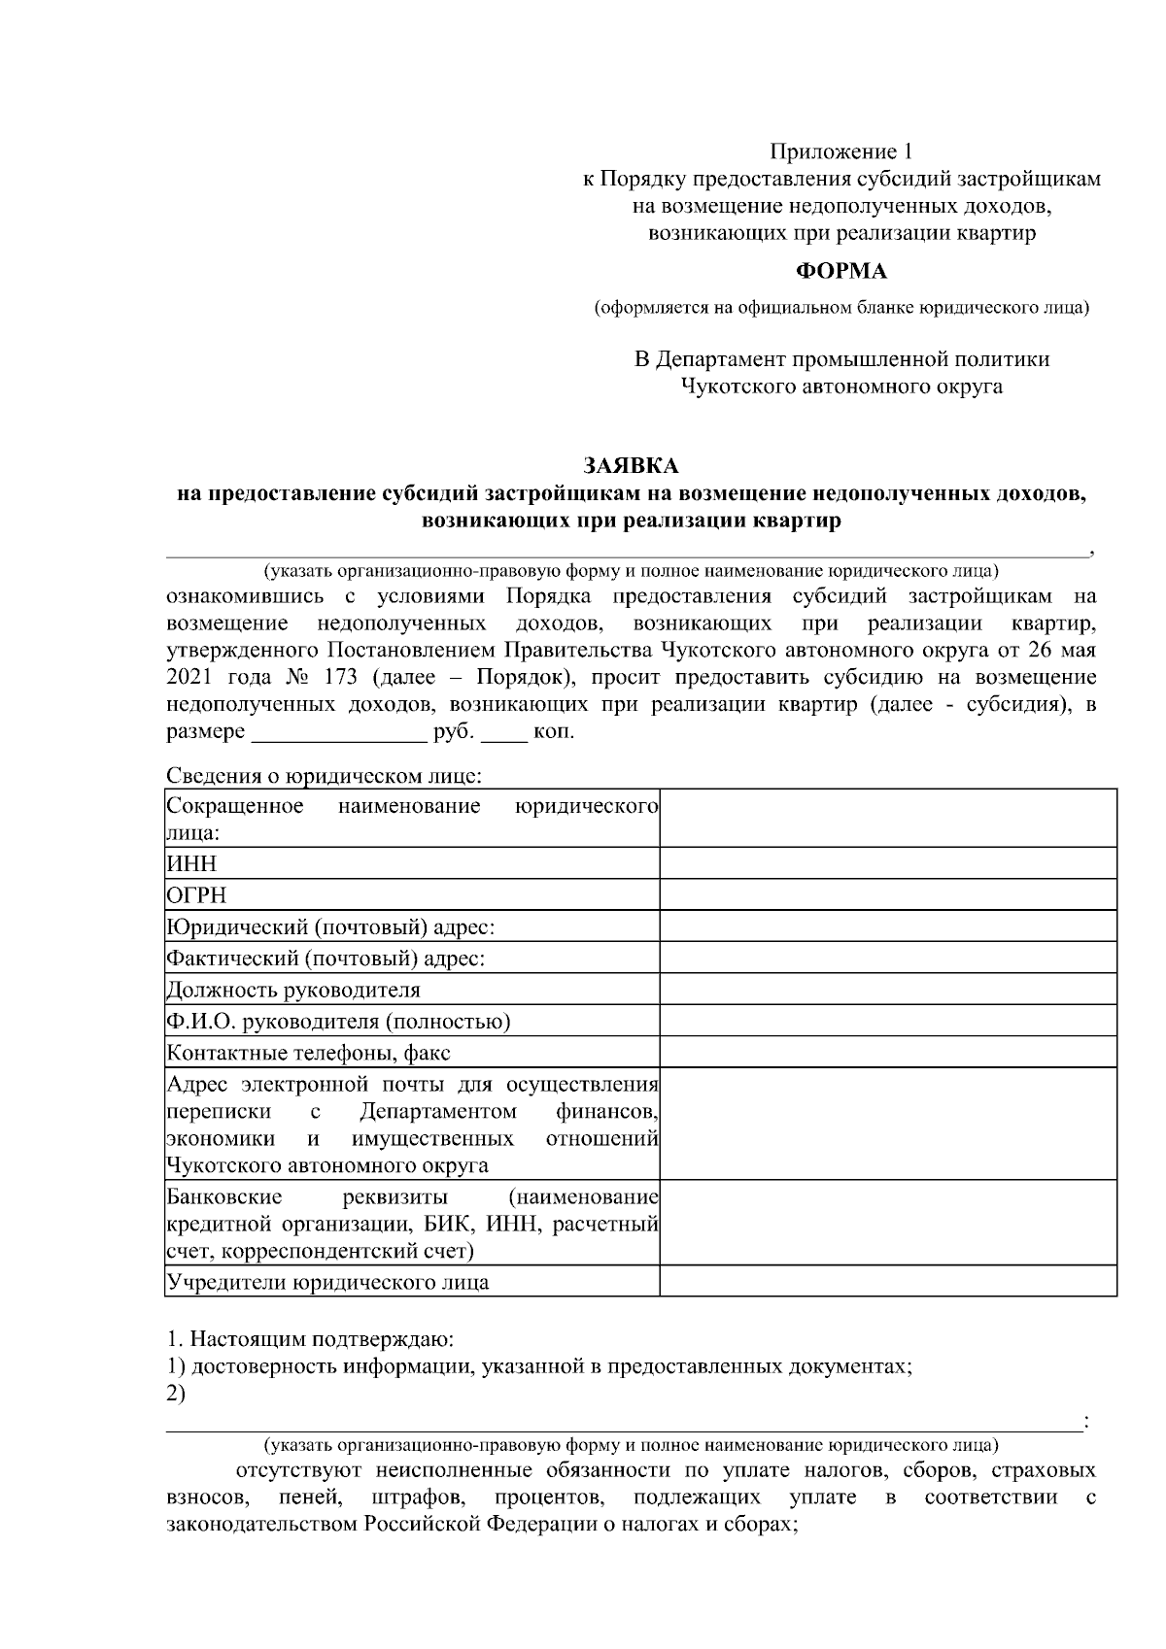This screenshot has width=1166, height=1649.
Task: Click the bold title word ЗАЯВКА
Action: click(x=630, y=466)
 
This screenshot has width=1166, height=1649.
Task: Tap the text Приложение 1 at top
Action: click(x=841, y=151)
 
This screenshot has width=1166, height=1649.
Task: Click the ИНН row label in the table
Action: click(x=191, y=863)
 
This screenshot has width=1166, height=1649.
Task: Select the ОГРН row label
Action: click(x=196, y=895)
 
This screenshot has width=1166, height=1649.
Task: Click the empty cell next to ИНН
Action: click(x=887, y=863)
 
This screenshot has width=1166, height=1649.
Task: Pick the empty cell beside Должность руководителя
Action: click(x=887, y=990)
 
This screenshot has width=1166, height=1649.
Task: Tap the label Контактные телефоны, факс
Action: click(x=308, y=1053)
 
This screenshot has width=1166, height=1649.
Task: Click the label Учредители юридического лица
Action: click(x=327, y=1282)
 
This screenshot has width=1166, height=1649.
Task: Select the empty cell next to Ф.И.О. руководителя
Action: click(x=887, y=1022)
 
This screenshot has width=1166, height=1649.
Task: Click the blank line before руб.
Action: click(x=338, y=734)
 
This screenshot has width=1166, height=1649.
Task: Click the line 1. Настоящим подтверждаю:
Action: click(x=310, y=1340)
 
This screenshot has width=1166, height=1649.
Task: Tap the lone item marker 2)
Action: click(x=176, y=1394)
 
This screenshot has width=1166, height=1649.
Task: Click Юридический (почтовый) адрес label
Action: click(x=330, y=926)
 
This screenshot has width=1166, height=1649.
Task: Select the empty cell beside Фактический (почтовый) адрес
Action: click(x=887, y=959)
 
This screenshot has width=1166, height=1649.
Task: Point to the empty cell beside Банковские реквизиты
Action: click(x=887, y=1223)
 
